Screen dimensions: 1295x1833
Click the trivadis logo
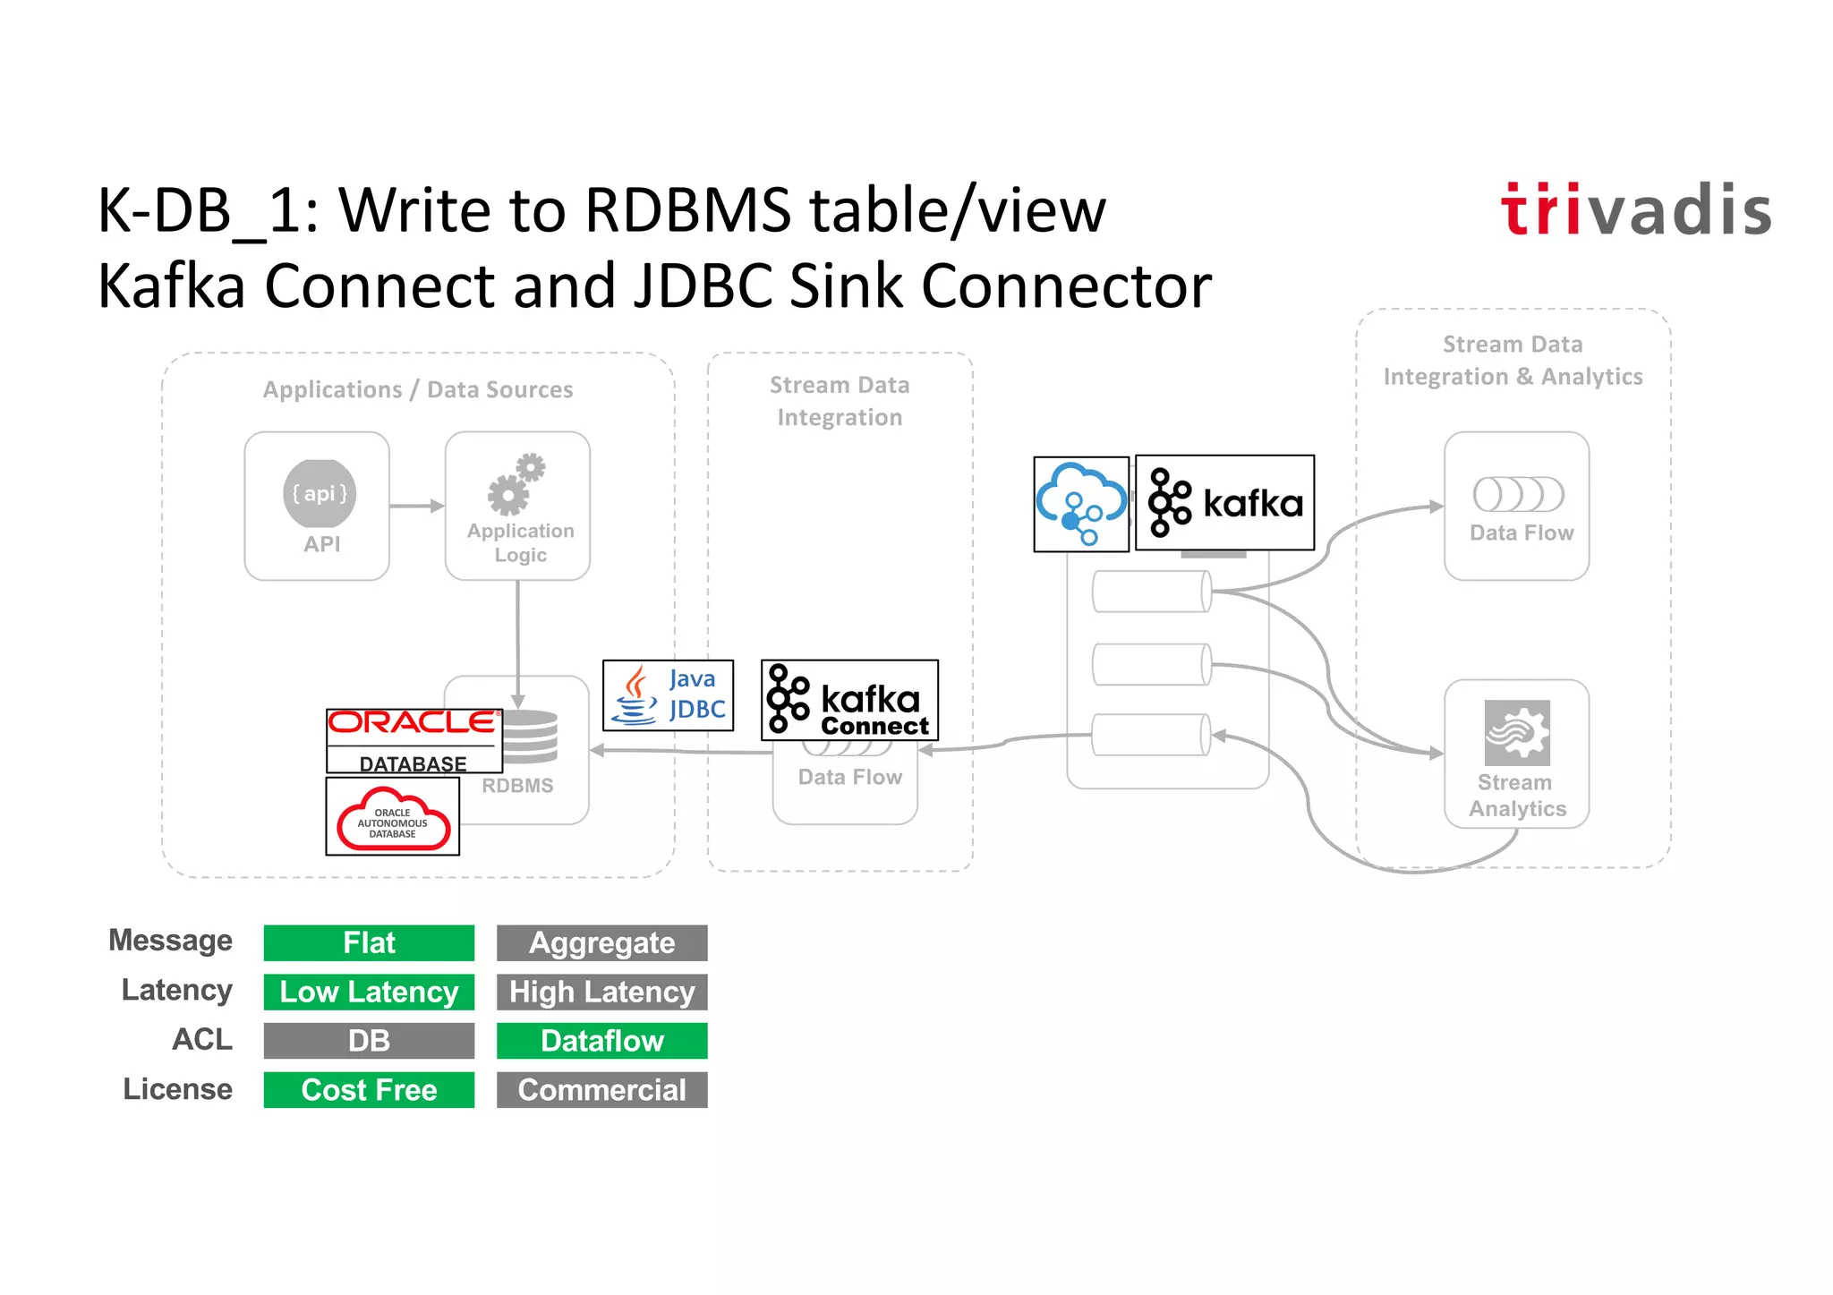1635,210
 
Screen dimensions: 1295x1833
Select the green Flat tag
369,942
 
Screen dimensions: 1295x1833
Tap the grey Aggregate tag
601,942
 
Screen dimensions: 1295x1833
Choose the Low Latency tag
369,992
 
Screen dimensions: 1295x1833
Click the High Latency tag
601,992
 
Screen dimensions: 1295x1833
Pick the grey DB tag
369,1040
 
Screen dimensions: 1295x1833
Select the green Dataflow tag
601,1040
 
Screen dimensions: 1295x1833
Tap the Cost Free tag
369,1089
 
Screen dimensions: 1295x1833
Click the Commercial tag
601,1089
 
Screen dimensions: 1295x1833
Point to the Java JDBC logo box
668,695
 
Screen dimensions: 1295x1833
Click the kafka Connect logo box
848,700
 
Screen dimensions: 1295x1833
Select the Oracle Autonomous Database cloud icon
392,817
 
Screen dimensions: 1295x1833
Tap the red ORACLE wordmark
412,723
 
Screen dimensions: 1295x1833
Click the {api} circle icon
319,493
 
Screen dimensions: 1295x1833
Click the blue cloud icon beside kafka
1080,504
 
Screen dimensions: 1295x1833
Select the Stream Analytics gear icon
1516,732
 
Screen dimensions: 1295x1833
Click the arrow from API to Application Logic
417,506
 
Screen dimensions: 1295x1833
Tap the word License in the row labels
177,1089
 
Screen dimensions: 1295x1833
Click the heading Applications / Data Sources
417,389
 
